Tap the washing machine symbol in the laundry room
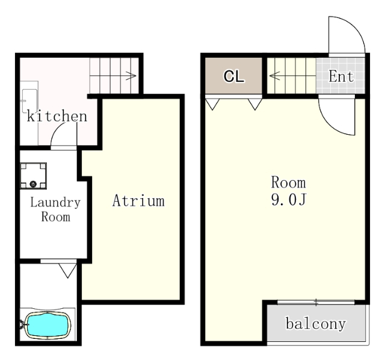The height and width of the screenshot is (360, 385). pos(33,176)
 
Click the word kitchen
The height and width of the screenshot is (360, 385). pos(57,116)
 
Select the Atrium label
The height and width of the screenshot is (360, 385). pos(138,200)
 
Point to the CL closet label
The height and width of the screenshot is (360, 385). pos(234,76)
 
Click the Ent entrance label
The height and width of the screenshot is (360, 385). pos(341,76)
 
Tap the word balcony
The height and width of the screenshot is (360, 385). pos(316,324)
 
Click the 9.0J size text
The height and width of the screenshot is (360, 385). pos(289,199)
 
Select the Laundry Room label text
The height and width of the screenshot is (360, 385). pos(55,209)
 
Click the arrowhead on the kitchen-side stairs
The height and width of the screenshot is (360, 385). pos(132,76)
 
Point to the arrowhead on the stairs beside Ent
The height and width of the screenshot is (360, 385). pos(274,75)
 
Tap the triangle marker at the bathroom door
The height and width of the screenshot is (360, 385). pos(67,270)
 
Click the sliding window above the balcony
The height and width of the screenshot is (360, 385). pos(316,302)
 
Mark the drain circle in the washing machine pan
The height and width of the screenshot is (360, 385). pos(33,184)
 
